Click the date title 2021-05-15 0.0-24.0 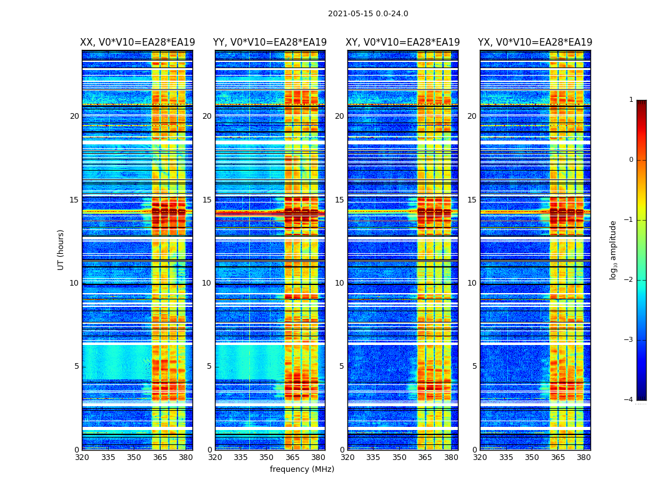point(368,14)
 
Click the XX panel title point(137,42)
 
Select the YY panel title point(270,42)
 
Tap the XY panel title point(403,42)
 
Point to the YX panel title point(535,42)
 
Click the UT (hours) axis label point(61,249)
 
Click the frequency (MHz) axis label point(302,469)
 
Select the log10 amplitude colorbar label point(614,249)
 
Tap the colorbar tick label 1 point(631,100)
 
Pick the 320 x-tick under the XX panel point(82,457)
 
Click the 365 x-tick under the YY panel point(292,457)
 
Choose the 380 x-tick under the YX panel point(584,457)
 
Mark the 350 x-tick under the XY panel point(399,457)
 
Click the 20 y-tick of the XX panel point(74,116)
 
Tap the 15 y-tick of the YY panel point(207,200)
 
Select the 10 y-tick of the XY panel point(339,283)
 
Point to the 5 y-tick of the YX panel point(474,366)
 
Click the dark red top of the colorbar point(641,104)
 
